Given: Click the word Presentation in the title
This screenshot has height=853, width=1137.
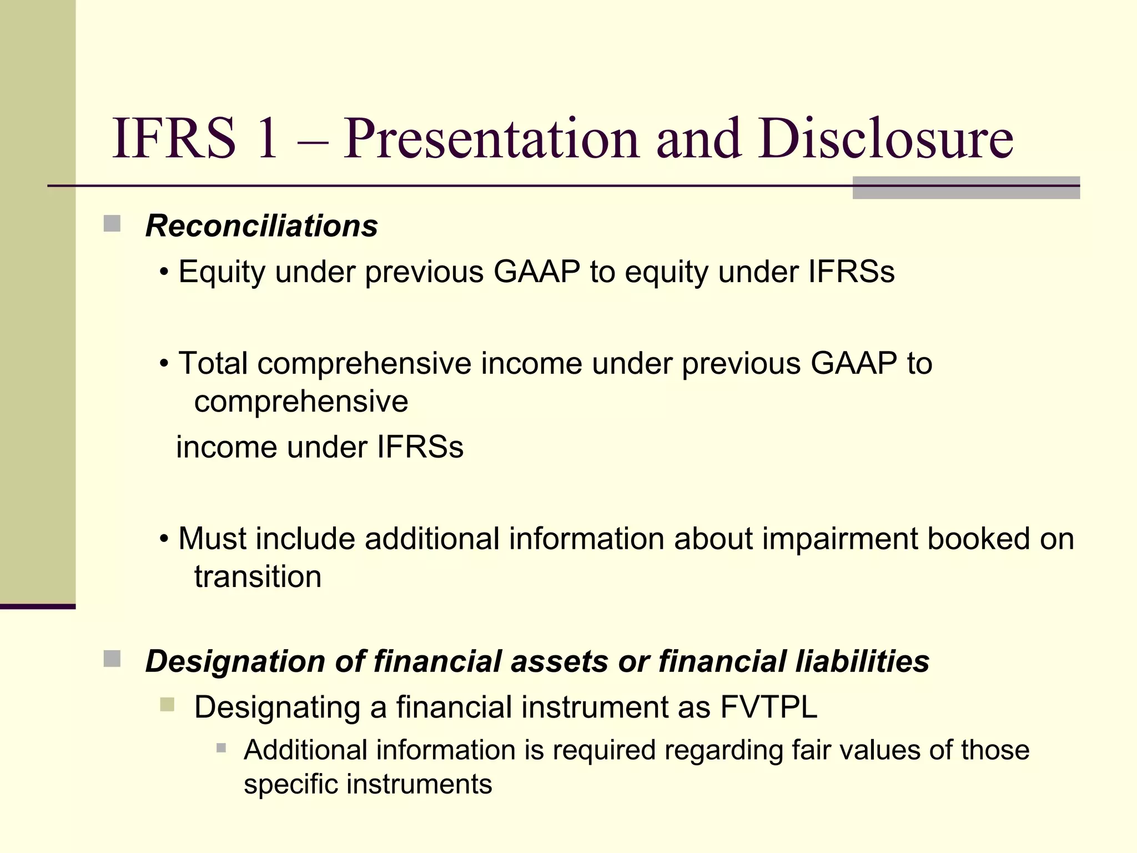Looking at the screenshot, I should tap(493, 139).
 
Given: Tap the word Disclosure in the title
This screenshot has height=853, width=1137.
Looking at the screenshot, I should tap(886, 139).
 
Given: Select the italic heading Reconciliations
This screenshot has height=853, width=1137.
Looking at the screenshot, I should tap(261, 226).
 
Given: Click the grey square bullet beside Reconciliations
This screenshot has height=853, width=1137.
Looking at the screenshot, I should tap(112, 224).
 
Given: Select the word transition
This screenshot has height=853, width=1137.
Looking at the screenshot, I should tap(258, 576).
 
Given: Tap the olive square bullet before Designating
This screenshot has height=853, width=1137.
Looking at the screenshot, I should tap(167, 705).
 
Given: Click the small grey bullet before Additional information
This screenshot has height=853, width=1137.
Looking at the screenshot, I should tap(221, 748).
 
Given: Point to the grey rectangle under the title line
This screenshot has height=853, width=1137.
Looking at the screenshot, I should tap(966, 188).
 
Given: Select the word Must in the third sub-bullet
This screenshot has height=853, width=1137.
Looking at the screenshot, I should tap(212, 539).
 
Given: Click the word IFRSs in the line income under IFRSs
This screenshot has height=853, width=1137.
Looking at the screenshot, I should tap(420, 447).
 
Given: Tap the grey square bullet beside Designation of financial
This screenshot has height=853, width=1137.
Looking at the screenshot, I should tap(112, 659).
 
